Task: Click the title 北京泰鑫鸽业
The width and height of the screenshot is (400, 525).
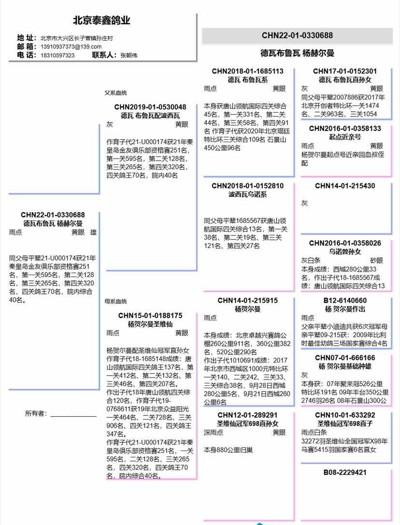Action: point(101,21)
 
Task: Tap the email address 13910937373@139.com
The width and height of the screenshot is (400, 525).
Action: point(71,46)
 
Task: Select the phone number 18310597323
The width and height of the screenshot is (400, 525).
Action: point(57,55)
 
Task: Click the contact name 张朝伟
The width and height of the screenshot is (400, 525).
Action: point(129,55)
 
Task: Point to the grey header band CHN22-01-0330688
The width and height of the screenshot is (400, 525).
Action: point(297,35)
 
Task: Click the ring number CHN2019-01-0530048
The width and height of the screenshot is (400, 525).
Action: point(150,107)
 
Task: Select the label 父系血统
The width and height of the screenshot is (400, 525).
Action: point(116,93)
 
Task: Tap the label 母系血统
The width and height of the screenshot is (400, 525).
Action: point(116,301)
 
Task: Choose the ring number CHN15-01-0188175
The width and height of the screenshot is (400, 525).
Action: point(150,315)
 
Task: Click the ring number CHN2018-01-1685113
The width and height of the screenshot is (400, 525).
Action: point(248,71)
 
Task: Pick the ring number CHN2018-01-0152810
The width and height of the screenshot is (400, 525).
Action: point(248,186)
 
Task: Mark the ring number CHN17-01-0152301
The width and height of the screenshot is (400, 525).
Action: point(345,71)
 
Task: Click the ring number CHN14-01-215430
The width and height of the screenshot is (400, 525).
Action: point(345,186)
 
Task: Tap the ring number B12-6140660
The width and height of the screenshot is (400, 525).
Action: point(345,300)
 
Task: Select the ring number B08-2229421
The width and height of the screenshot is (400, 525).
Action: point(345,472)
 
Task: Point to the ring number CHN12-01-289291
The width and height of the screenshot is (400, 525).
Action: point(248,415)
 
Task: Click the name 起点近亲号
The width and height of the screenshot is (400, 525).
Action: point(345,137)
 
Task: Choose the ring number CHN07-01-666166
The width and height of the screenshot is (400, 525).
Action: point(345,358)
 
